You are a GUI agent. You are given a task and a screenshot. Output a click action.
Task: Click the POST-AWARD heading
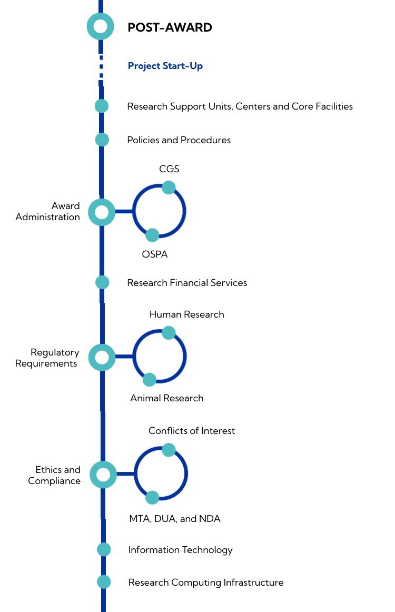[x=170, y=27]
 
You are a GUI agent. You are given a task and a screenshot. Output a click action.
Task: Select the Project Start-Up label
[x=165, y=66]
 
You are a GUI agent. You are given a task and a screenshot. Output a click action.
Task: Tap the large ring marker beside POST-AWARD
[x=100, y=26]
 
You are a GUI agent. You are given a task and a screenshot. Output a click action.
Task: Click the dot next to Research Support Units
[x=102, y=106]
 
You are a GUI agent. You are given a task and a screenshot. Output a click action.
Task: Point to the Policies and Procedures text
[x=179, y=140]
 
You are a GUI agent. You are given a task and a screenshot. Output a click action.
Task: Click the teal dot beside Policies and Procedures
[x=102, y=140]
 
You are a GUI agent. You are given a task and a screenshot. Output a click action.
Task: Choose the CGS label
[x=169, y=169]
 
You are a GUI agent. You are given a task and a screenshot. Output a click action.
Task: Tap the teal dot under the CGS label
[x=169, y=187]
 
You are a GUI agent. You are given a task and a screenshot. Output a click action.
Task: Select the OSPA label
[x=154, y=255]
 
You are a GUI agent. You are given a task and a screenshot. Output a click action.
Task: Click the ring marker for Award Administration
[x=102, y=212]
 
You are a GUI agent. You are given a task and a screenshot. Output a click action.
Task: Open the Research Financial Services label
[x=187, y=283]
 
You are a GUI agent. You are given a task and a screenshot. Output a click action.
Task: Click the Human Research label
[x=186, y=314]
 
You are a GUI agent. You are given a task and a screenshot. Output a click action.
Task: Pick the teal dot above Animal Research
[x=150, y=379]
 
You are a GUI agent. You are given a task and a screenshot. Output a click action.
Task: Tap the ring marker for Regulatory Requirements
[x=102, y=358]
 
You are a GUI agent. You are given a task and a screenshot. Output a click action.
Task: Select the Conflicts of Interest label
[x=192, y=431]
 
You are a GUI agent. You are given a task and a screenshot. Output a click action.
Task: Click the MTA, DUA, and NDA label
[x=175, y=519]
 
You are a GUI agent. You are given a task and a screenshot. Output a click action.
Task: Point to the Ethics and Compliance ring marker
[x=103, y=475]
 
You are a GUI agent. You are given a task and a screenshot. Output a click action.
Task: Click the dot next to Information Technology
[x=104, y=549]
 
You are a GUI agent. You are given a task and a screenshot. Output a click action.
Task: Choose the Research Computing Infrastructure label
[x=206, y=583]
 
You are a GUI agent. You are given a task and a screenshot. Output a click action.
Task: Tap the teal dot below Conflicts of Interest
[x=169, y=450]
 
